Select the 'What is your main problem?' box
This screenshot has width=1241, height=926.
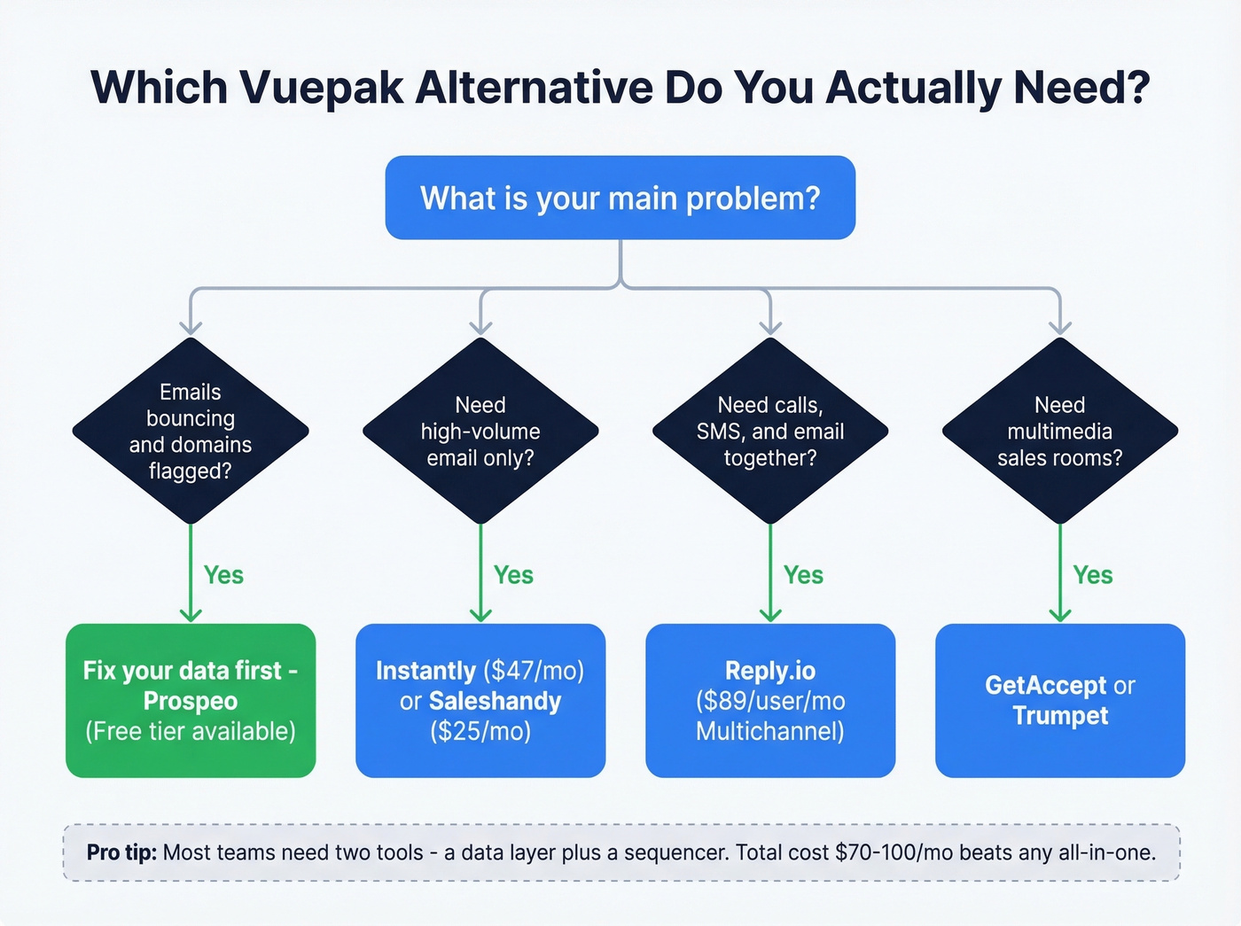[x=620, y=198]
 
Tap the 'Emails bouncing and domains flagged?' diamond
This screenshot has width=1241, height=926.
[x=191, y=432]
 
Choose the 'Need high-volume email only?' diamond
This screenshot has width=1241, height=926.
[x=480, y=432]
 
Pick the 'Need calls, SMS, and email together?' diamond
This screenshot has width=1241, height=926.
[x=770, y=432]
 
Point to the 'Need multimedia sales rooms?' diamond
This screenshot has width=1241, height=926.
[x=1060, y=432]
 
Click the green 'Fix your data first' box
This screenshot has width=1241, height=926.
[x=191, y=700]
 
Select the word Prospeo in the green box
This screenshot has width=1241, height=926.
[x=191, y=701]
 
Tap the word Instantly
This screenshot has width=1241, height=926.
[x=425, y=671]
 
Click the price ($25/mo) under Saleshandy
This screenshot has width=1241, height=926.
[x=480, y=731]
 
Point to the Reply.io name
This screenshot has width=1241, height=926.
[x=770, y=671]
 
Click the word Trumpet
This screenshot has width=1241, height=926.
[x=1060, y=716]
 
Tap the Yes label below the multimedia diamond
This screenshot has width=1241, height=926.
[x=1093, y=575]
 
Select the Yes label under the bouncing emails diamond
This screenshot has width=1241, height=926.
[x=223, y=575]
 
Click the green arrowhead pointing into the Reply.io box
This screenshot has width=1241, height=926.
[x=770, y=614]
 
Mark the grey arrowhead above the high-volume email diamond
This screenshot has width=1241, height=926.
[x=480, y=326]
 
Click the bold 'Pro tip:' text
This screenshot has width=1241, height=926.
[x=121, y=852]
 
